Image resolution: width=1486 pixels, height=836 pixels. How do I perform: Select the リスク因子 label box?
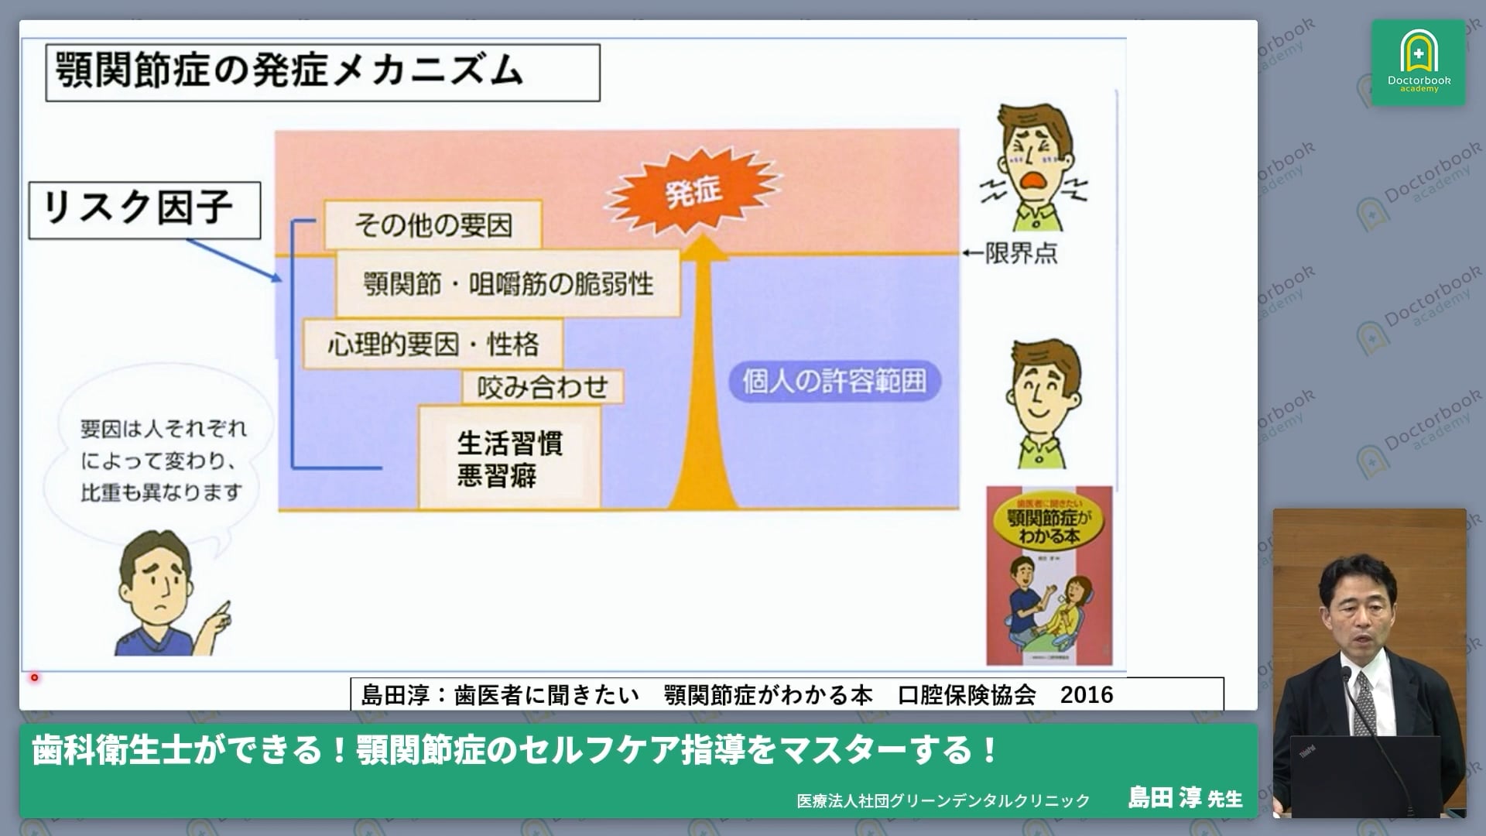click(145, 210)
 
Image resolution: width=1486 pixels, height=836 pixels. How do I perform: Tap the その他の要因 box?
click(433, 225)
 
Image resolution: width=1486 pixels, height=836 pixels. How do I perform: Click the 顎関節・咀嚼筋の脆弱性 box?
click(508, 284)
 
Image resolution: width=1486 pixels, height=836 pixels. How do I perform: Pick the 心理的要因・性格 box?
click(433, 344)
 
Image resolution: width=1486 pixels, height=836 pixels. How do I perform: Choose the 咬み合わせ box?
click(542, 386)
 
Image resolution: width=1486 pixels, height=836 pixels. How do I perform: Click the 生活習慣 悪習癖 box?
click(509, 457)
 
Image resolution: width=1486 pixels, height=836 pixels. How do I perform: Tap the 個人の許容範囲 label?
click(834, 381)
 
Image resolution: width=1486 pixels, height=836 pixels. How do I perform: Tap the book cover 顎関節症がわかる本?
click(1049, 575)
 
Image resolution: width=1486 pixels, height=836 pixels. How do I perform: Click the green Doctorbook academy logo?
click(1418, 63)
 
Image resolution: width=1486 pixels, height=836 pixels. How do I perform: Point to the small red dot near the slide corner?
click(34, 678)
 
